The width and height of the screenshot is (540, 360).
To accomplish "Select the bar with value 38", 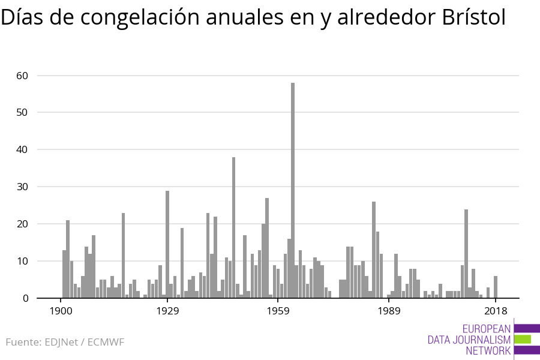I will tap(233, 227).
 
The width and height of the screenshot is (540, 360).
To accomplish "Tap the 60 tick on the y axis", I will tap(23, 76).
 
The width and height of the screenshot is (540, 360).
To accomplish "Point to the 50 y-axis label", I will tap(23, 113).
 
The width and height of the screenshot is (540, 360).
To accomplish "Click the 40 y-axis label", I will tap(23, 150).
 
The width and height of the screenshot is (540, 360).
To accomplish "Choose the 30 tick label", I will tap(23, 187).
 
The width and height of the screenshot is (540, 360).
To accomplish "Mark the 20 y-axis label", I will tap(23, 224).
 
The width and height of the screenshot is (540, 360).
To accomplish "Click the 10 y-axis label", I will tap(23, 262).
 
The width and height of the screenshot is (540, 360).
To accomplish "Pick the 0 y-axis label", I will tap(26, 298).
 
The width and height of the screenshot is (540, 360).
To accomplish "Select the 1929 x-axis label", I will tap(167, 311).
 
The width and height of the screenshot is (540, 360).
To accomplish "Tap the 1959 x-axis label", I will tap(278, 311).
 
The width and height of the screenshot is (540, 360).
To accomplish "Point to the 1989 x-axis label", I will tap(389, 311).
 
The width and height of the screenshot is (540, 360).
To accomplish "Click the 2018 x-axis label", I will tap(496, 311).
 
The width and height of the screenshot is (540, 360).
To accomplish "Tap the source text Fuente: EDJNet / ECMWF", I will tap(65, 343).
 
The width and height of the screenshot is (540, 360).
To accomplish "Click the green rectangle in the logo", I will tap(523, 339).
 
